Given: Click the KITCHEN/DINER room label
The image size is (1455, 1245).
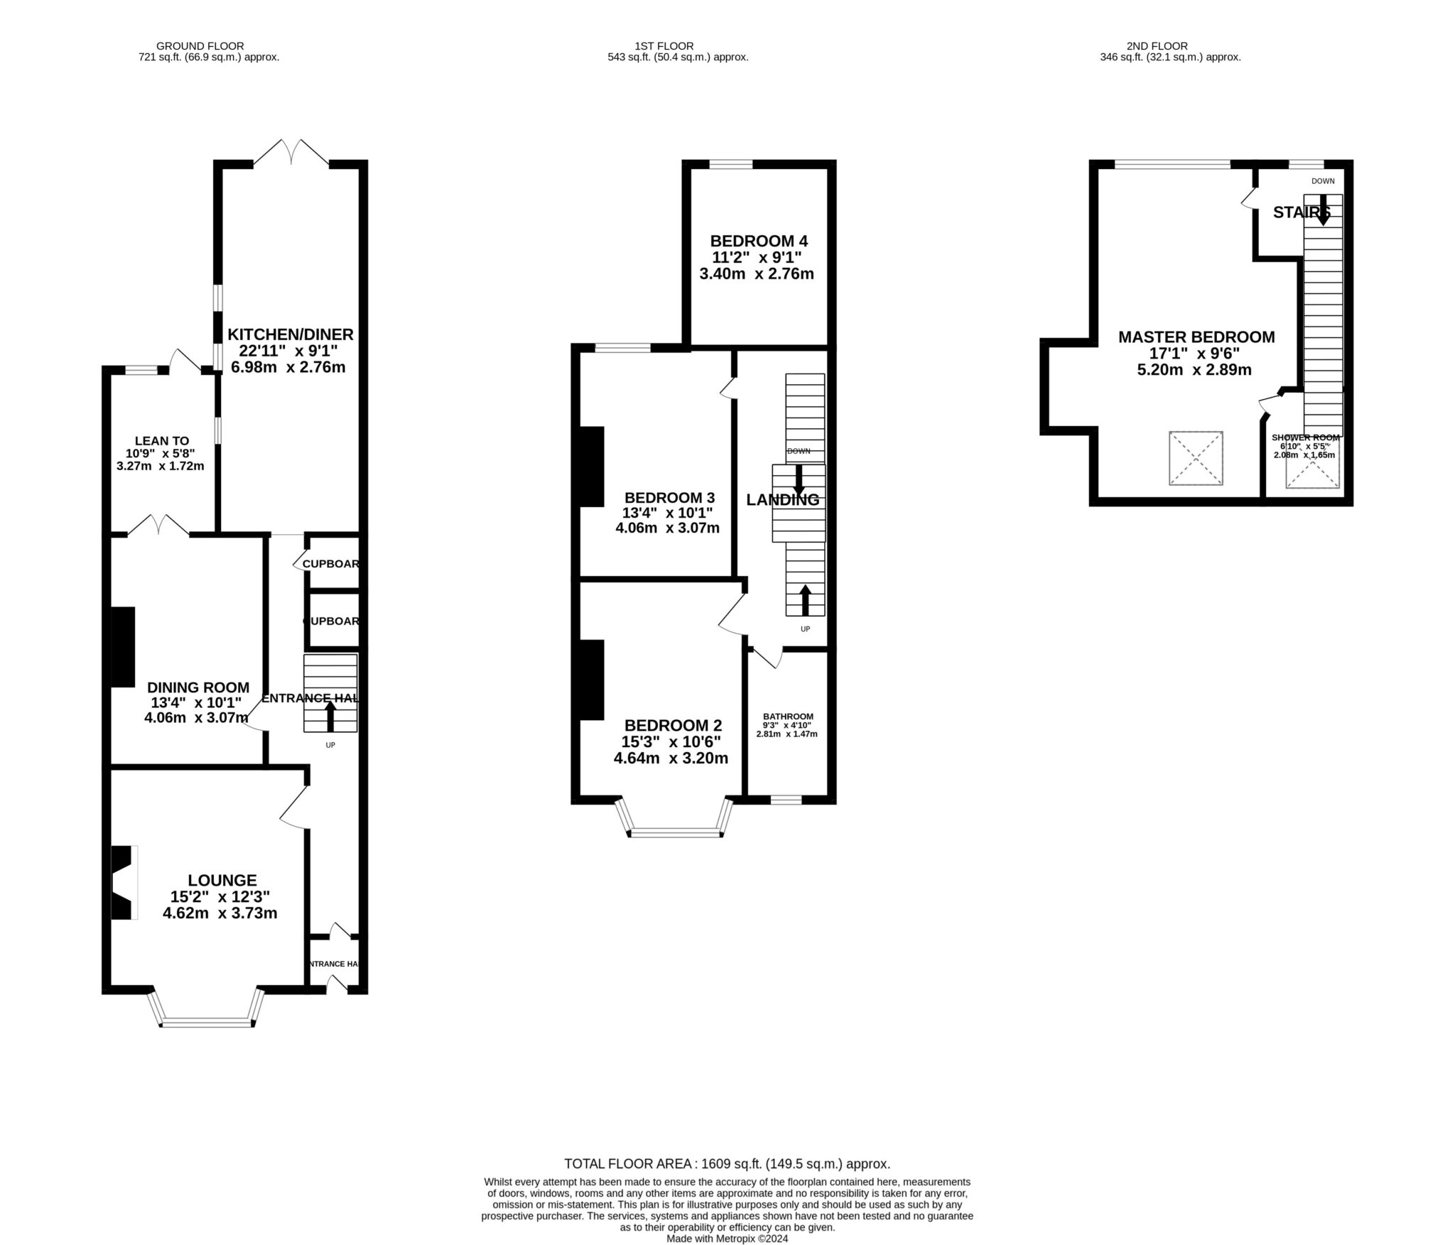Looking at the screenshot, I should [290, 334].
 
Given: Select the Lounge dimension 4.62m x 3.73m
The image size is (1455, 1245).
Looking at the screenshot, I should [220, 913].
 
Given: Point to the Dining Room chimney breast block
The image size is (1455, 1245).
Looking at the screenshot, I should [123, 646].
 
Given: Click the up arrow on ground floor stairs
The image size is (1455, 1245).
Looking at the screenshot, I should [330, 716].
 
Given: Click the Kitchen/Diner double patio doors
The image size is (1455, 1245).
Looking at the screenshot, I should [291, 153].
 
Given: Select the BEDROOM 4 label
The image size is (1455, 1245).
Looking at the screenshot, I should [758, 241].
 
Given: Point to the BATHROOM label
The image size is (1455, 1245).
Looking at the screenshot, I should [788, 716].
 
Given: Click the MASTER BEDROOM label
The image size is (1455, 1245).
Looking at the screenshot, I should [1196, 337].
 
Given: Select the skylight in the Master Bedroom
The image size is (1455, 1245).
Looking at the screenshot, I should [1196, 458].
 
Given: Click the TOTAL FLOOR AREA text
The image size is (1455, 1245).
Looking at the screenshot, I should [727, 1163].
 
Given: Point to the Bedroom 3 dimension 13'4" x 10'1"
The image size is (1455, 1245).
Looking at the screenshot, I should [667, 512].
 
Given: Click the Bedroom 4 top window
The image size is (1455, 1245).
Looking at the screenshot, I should [731, 165].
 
